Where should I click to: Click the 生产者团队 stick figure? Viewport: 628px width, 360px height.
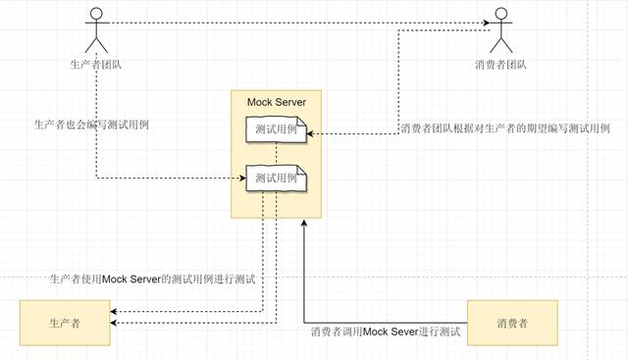click(96, 31)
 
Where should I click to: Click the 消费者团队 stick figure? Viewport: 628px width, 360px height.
click(501, 31)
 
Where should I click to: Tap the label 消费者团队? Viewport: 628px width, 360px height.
click(501, 66)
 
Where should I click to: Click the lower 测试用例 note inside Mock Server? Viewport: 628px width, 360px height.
click(276, 179)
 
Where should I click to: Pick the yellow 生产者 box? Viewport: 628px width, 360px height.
click(64, 323)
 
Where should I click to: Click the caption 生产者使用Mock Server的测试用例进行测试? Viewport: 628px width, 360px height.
click(152, 280)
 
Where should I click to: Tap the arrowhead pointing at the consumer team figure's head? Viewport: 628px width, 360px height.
click(486, 23)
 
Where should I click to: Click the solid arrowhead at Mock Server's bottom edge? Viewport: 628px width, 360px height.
click(305, 223)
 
